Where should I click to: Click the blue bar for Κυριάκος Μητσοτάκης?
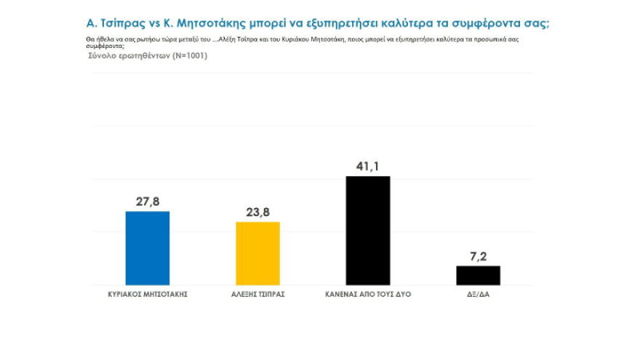point(148,248)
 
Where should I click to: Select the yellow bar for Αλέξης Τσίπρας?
point(257,253)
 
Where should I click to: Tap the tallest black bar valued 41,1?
point(368,231)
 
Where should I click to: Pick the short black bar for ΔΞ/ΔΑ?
point(478,275)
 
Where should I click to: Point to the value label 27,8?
point(148,201)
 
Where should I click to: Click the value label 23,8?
point(257,212)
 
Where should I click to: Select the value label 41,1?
point(368,167)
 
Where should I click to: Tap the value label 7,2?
point(478,256)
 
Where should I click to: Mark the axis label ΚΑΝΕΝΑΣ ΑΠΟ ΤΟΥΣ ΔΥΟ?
point(368,295)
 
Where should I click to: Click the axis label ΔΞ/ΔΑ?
point(478,295)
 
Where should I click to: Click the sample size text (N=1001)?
point(188,56)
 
